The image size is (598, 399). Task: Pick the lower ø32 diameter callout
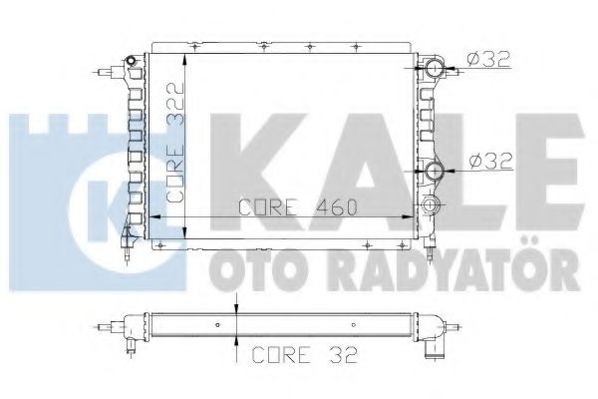[489, 158]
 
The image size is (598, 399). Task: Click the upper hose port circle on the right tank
[435, 69]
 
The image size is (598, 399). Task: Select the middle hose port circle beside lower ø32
[435, 171]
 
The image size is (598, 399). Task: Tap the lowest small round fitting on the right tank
[431, 205]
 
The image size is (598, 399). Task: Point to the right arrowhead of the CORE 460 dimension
[407, 215]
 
